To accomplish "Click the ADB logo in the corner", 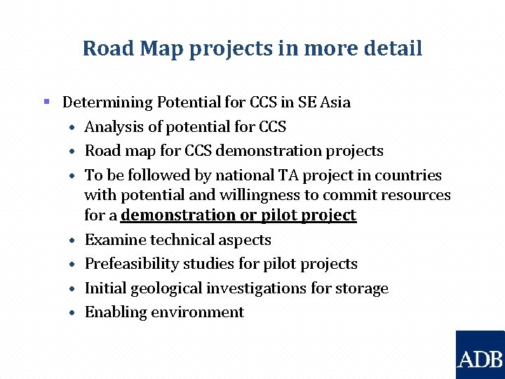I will [x=480, y=355].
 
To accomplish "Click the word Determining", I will [x=107, y=102].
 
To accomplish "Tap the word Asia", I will [x=335, y=102].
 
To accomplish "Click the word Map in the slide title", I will [x=161, y=48].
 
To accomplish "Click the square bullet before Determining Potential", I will [x=47, y=102].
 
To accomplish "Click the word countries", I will [x=408, y=175].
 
